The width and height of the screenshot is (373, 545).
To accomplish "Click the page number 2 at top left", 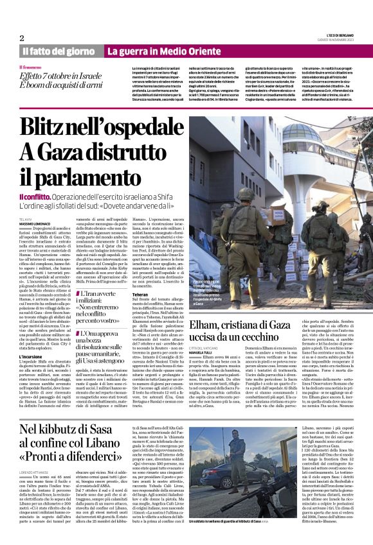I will (21, 38).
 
